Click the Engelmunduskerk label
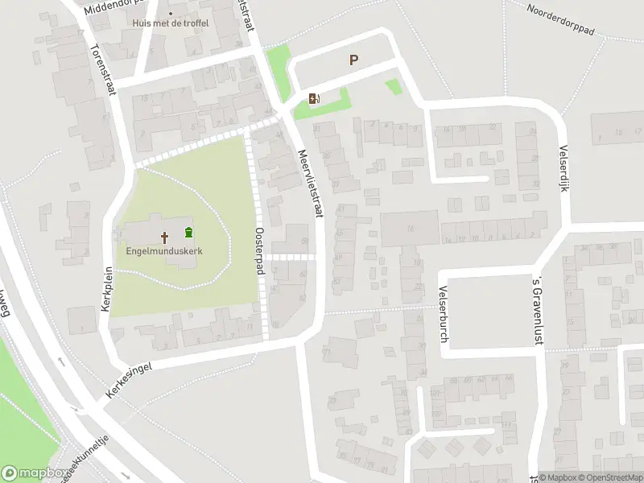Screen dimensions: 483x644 click(x=164, y=251)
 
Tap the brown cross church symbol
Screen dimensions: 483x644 click(x=165, y=237)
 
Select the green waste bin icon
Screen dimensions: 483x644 click(x=188, y=233)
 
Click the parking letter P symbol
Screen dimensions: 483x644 click(x=353, y=60)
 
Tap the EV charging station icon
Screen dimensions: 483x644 click(x=313, y=99)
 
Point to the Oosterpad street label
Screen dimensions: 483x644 click(x=259, y=250)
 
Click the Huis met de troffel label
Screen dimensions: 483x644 click(x=171, y=23)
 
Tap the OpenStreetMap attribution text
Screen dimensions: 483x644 click(x=611, y=477)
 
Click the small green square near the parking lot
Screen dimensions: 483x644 click(x=393, y=87)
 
